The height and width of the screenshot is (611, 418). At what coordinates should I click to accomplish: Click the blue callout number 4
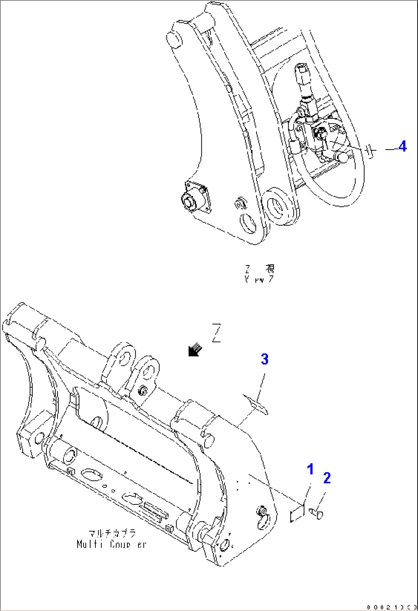click(x=402, y=146)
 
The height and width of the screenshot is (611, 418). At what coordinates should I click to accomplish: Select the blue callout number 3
click(x=264, y=359)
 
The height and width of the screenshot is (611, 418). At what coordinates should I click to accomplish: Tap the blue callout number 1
click(x=310, y=469)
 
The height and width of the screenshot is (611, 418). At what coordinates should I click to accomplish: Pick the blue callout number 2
click(x=327, y=478)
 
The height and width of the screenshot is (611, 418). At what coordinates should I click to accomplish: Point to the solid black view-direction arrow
click(x=194, y=349)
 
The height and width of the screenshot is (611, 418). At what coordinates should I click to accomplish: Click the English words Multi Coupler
click(x=111, y=544)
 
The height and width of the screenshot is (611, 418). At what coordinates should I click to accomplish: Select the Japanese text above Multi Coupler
click(x=112, y=533)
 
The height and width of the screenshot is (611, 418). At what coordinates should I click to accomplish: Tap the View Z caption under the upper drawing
click(x=260, y=273)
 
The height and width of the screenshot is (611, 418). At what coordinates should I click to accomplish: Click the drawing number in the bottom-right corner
click(x=391, y=607)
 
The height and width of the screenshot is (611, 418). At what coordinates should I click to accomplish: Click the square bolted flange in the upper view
click(x=196, y=197)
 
